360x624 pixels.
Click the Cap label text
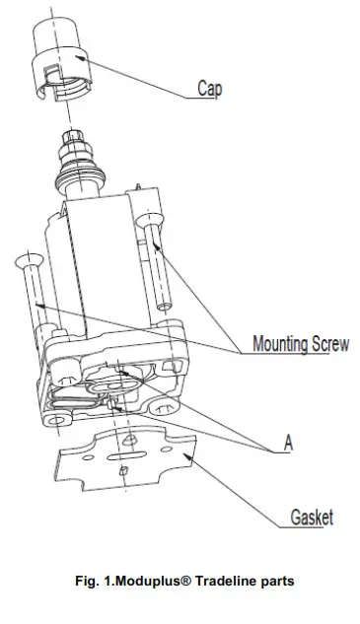[208, 89]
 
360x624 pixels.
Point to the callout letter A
[288, 444]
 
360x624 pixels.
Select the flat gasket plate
[128, 463]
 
